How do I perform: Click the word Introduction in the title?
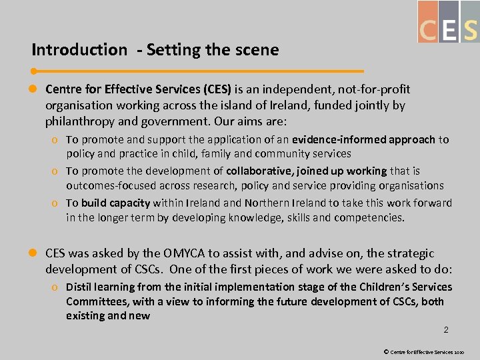tap(79, 49)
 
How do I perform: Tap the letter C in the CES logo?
tap(428, 30)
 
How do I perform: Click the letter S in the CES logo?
tap(471, 30)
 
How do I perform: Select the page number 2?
tap(446, 329)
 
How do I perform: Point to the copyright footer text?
tap(427, 351)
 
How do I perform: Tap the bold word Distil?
tap(80, 287)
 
